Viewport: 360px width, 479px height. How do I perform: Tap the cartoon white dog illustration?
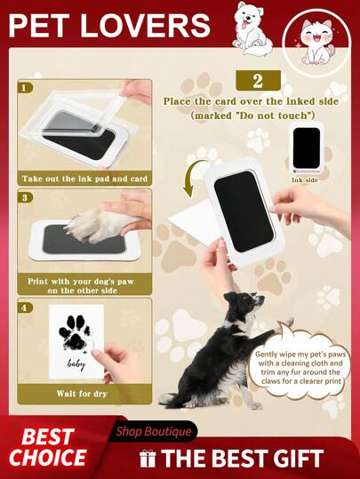250,28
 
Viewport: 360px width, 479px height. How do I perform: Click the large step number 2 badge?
259,80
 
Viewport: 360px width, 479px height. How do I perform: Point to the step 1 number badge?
25,88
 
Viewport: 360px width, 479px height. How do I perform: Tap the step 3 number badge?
25,197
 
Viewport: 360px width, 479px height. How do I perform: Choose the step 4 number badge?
25,307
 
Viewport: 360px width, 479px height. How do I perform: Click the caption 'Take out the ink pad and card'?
84,179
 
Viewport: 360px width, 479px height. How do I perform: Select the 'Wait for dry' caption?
82,394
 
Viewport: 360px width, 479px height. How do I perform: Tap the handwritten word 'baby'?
76,363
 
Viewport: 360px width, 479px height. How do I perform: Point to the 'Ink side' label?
304,180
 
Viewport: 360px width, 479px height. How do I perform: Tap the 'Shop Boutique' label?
154,431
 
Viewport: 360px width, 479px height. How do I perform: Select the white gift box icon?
148,459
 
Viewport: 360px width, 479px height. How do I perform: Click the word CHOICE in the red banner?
47,458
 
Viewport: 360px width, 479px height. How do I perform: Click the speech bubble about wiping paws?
300,366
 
